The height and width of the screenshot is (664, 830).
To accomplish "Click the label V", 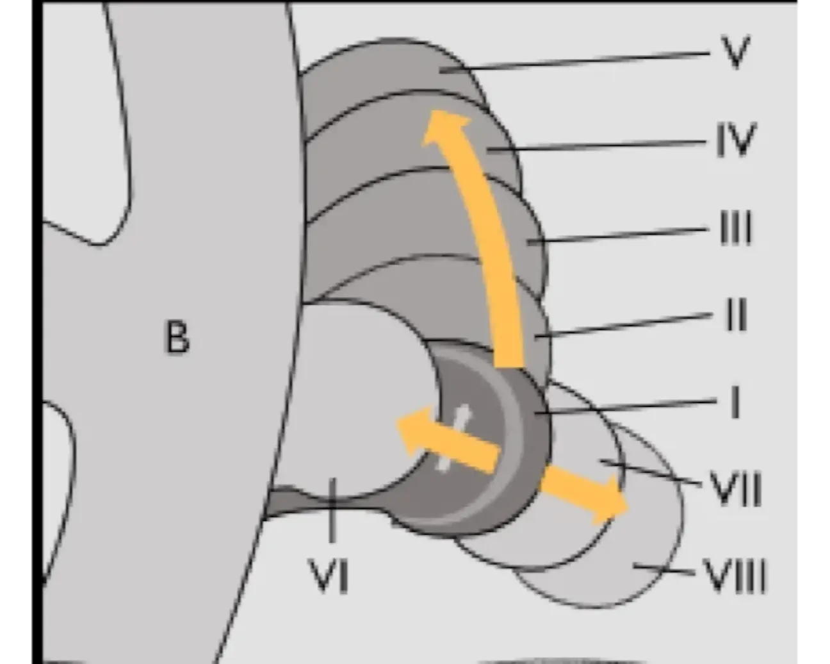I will [x=735, y=52].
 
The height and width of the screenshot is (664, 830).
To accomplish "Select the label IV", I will [x=736, y=140].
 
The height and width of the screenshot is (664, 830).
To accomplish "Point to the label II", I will [x=737, y=315].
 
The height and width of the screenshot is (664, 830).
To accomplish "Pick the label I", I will [x=736, y=403].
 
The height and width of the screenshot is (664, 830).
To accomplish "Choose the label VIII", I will [x=735, y=575].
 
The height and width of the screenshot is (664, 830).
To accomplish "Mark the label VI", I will [x=329, y=575].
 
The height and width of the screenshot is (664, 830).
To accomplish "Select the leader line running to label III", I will [x=618, y=235].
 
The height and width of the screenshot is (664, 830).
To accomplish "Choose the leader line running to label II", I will [x=624, y=325].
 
